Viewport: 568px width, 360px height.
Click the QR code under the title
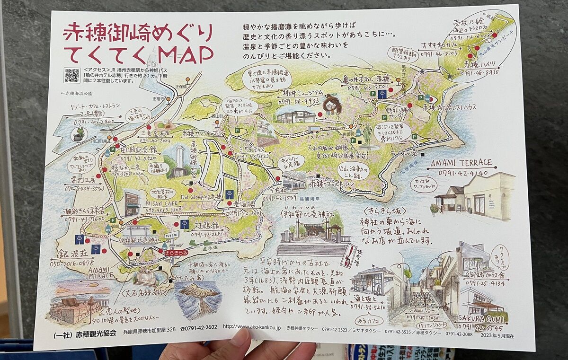click(72, 75)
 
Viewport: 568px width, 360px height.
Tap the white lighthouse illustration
click(179, 161)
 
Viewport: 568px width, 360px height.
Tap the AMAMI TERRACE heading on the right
click(462, 164)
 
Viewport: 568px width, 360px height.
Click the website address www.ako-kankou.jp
click(251, 327)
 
